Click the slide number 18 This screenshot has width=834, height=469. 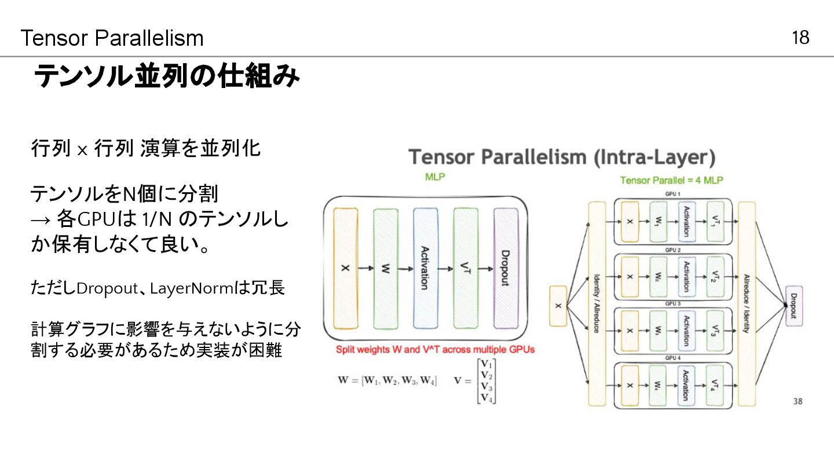click(x=800, y=38)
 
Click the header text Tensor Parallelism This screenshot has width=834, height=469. click(x=112, y=38)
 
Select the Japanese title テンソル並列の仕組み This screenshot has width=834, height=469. click(x=167, y=76)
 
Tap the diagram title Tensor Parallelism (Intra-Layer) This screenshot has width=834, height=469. click(x=562, y=157)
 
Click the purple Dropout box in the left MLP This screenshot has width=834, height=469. click(x=505, y=269)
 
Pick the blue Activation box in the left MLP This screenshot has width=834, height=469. click(x=425, y=269)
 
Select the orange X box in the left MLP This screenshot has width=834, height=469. click(x=346, y=269)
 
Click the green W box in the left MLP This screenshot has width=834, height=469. click(x=385, y=269)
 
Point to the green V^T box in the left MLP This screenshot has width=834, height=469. click(x=465, y=269)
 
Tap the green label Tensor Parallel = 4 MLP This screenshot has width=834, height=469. click(x=671, y=180)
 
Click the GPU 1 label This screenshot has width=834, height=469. click(x=672, y=195)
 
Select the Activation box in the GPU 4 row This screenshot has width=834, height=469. click(x=686, y=385)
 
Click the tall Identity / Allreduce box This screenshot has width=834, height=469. click(x=597, y=303)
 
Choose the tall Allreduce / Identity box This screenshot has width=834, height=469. click(x=747, y=303)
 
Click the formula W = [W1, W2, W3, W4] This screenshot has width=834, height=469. click(x=387, y=380)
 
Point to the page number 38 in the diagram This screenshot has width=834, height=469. click(x=798, y=401)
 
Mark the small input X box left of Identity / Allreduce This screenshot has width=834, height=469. click(x=558, y=306)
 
